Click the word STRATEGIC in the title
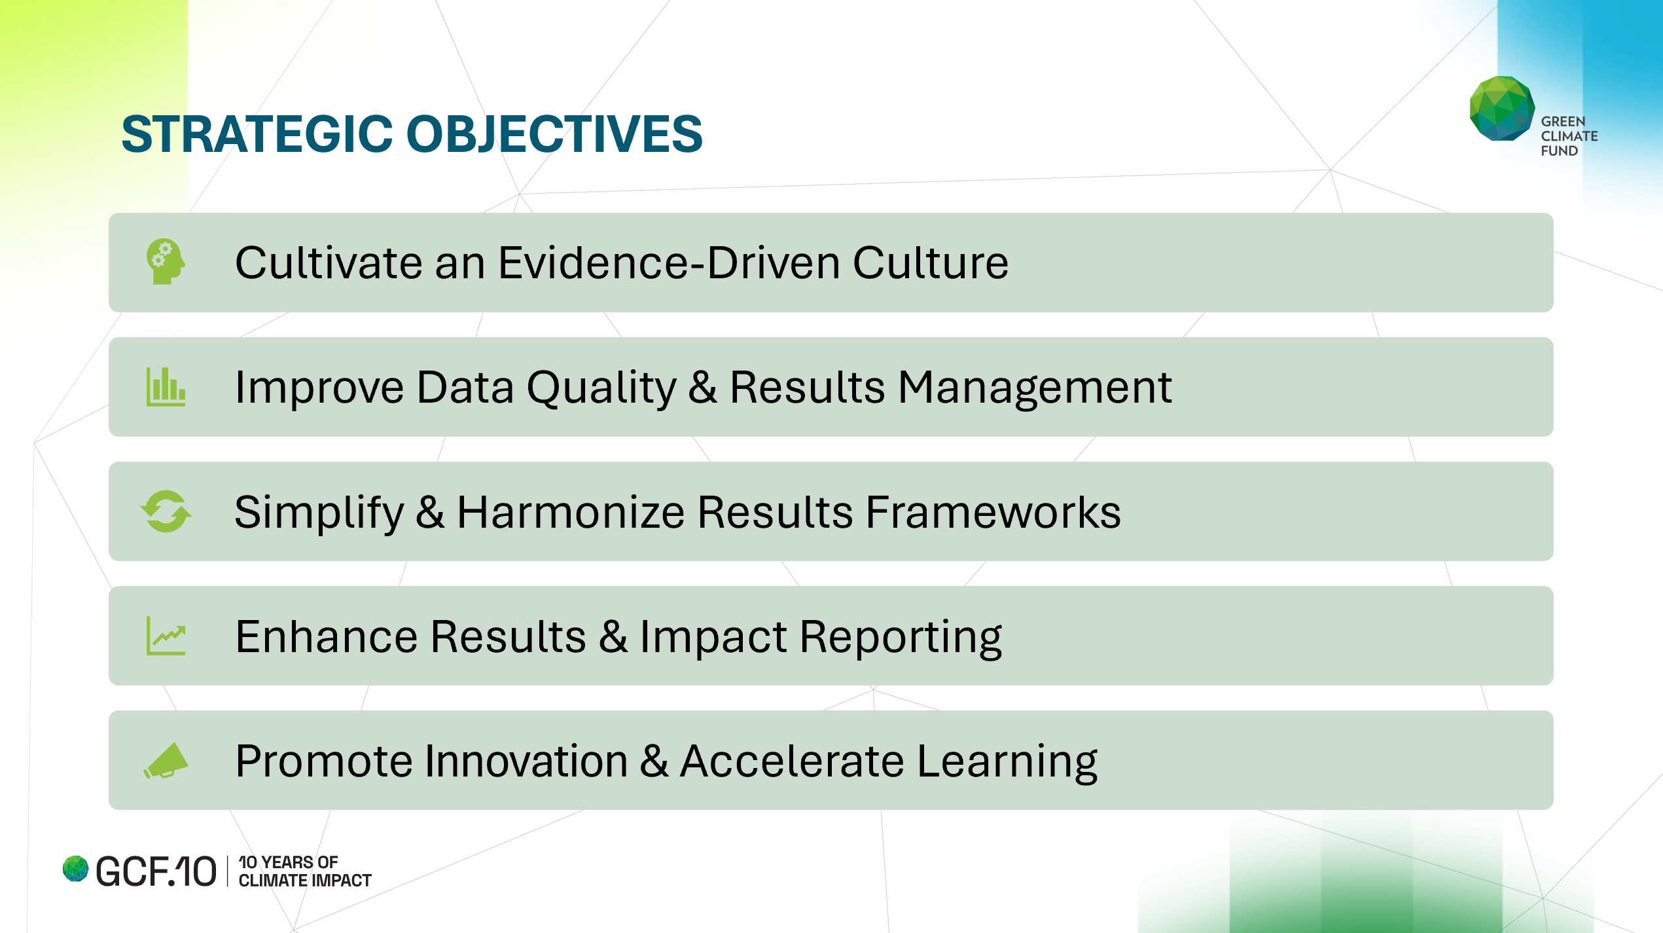(x=257, y=134)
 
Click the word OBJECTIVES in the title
(x=554, y=134)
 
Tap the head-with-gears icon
(x=166, y=262)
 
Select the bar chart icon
(x=166, y=387)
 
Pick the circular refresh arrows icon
(x=166, y=511)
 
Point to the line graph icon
(x=166, y=636)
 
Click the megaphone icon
(x=166, y=761)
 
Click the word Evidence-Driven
(x=668, y=263)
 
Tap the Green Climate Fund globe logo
(x=1502, y=109)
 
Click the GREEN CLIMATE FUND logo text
(x=1569, y=136)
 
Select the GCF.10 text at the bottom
(x=156, y=871)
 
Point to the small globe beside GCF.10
(x=75, y=869)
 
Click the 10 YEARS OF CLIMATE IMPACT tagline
(x=305, y=871)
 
